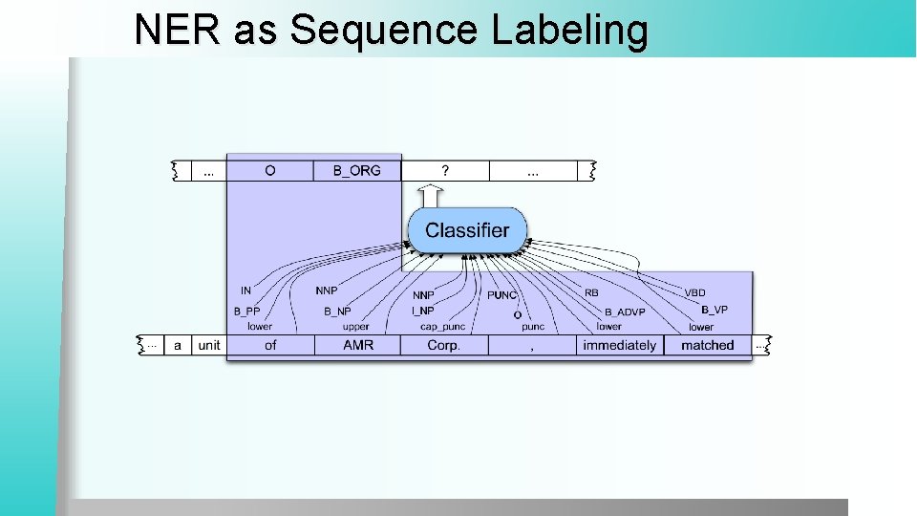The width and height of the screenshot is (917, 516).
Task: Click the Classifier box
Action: coord(466,230)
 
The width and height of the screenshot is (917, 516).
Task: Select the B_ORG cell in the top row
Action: coord(356,170)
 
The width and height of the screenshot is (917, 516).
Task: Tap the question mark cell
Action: coord(444,170)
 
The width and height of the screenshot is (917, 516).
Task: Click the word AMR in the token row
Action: coord(358,345)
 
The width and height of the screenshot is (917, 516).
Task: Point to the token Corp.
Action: coord(443,345)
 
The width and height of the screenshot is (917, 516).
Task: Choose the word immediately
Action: coord(619,345)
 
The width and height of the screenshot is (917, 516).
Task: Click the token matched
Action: coord(707,345)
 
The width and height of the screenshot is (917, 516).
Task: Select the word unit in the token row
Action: coord(208,345)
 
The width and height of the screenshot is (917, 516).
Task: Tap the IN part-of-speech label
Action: coord(245,290)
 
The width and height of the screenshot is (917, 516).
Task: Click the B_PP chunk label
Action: coord(246,312)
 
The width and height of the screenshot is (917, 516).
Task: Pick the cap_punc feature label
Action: coord(442,327)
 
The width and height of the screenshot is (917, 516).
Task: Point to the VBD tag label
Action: coord(695,291)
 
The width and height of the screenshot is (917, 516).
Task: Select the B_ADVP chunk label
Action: coord(625,312)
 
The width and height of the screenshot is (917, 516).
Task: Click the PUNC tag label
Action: coord(502,295)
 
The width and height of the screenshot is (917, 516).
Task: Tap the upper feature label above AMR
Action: coord(355,327)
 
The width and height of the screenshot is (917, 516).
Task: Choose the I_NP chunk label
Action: coord(422,311)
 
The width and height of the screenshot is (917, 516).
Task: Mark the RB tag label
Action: coord(591,292)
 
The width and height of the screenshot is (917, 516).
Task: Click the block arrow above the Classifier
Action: coord(431,196)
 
